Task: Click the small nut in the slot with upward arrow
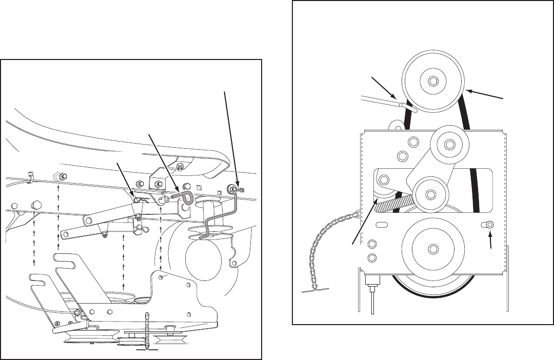tap(489, 225)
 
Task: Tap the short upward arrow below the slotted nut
tap(491, 241)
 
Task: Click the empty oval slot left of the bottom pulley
tap(382, 225)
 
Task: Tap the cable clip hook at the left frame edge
tap(31, 177)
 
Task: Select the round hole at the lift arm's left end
tap(90, 220)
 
